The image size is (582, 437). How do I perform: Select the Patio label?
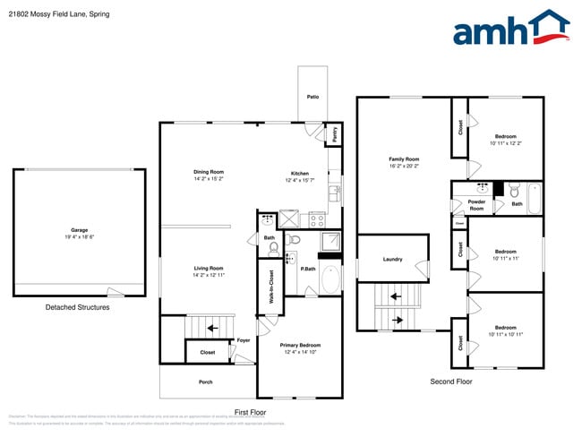click(312, 97)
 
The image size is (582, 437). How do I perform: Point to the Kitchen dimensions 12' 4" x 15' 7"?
click(299, 181)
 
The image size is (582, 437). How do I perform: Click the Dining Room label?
click(208, 172)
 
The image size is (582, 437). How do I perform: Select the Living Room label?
click(208, 268)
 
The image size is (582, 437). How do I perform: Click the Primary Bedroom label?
click(299, 345)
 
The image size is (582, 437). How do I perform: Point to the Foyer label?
click(243, 340)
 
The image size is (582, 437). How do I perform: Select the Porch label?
click(205, 381)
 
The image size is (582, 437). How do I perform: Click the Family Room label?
click(404, 159)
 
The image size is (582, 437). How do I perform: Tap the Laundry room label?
click(392, 260)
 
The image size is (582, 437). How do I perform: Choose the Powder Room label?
click(476, 205)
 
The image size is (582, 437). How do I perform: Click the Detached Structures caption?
click(77, 307)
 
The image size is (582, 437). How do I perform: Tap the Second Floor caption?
click(450, 381)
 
